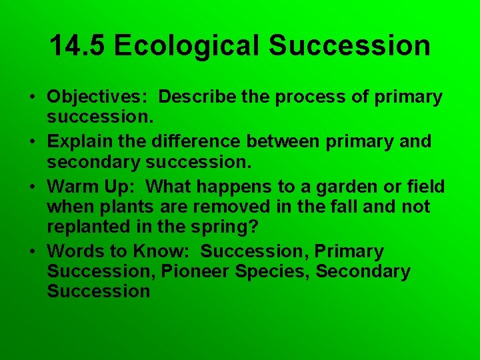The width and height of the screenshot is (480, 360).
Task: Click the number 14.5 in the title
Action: click(x=77, y=46)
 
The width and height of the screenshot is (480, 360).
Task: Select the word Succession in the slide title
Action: click(x=349, y=46)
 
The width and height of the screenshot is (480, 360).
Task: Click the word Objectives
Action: click(x=97, y=97)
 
